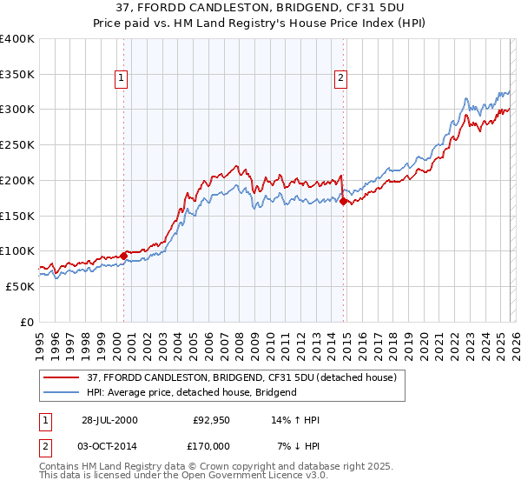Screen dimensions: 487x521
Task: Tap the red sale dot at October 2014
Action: (344, 202)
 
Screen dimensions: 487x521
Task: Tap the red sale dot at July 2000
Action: (123, 256)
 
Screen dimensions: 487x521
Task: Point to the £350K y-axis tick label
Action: (17, 75)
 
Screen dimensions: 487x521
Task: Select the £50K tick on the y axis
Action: (20, 286)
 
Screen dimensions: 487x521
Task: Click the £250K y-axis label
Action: (17, 145)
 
